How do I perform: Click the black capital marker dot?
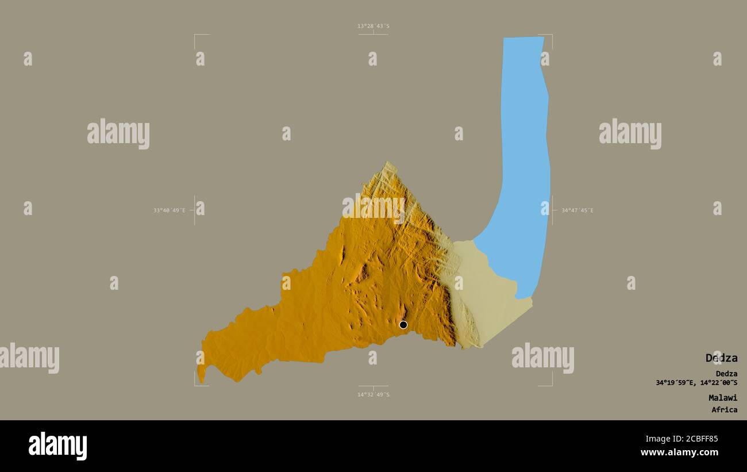pyautogui.click(x=403, y=325)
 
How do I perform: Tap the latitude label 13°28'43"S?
pyautogui.click(x=373, y=26)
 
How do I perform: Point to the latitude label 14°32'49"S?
pyautogui.click(x=373, y=394)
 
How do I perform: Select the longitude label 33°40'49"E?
pyautogui.click(x=170, y=210)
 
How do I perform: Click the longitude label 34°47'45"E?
pyautogui.click(x=577, y=210)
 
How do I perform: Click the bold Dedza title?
pyautogui.click(x=721, y=358)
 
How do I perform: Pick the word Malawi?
pyautogui.click(x=722, y=397)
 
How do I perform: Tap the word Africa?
pyautogui.click(x=724, y=410)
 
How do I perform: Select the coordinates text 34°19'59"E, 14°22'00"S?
pyautogui.click(x=696, y=383)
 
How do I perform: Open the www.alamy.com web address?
pyautogui.click(x=679, y=452)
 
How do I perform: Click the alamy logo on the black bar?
pyautogui.click(x=57, y=446)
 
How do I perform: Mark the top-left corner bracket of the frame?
pyautogui.click(x=195, y=36)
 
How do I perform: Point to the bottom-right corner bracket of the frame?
pyautogui.click(x=551, y=385)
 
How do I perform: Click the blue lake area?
pyautogui.click(x=525, y=144)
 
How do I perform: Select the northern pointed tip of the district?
pyautogui.click(x=389, y=163)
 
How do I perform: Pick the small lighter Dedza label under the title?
pyautogui.click(x=726, y=374)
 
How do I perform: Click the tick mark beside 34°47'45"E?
pyautogui.click(x=553, y=210)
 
